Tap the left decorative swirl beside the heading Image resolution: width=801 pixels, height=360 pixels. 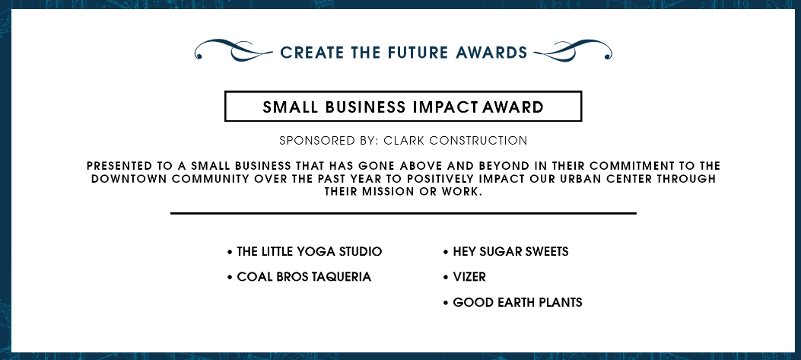234,51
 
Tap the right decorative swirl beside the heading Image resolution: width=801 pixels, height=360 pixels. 572,51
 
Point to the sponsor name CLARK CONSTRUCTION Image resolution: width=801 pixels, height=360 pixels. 455,141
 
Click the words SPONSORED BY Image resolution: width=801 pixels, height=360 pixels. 329,141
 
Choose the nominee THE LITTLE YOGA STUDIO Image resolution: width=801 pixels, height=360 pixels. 309,252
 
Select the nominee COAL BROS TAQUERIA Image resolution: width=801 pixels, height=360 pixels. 304,276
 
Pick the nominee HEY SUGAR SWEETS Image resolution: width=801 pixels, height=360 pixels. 510,252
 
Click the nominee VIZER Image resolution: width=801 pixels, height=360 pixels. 469,276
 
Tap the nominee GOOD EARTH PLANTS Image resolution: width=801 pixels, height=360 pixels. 517,302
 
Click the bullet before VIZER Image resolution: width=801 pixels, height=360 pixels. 446,278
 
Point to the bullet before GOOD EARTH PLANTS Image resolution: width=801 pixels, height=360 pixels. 446,303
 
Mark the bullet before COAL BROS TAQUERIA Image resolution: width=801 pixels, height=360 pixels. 230,278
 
